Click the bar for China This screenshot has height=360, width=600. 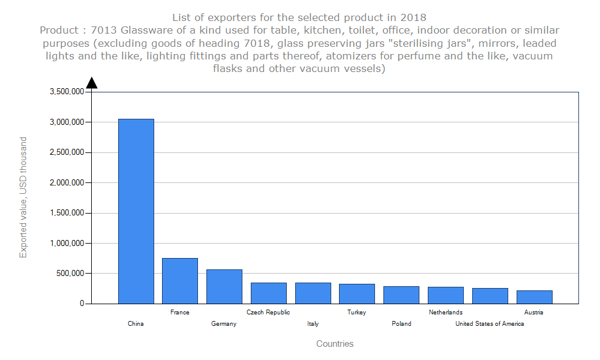136,211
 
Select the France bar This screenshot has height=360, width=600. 180,281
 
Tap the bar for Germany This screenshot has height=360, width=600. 224,286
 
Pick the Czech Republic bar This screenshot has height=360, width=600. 268,293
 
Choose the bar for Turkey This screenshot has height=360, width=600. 357,293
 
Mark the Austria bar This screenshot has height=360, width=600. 534,297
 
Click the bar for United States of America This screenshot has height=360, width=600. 490,296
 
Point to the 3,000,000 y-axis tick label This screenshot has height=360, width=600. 67,122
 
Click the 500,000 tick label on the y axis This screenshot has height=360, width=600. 71,274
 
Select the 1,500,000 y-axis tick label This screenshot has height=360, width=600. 67,213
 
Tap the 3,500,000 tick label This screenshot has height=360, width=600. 67,92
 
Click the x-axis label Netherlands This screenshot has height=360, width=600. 446,312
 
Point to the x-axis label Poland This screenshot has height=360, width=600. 401,324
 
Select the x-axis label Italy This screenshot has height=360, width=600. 313,324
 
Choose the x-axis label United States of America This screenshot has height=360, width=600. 490,324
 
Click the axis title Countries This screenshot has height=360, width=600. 335,344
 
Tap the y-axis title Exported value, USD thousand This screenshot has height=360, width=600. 23,197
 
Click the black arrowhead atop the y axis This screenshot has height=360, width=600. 92,83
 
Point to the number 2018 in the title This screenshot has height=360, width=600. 414,17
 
